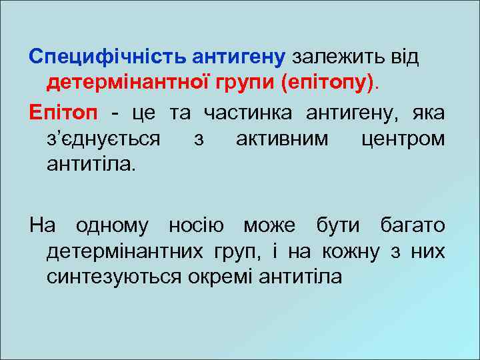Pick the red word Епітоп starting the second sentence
pos(63,113)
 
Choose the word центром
pos(401,139)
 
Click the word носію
pos(197,225)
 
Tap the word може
pos(269,225)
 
